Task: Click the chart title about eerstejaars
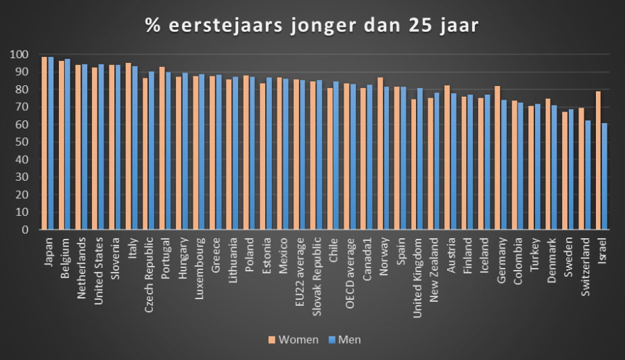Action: point(312,26)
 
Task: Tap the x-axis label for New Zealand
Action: point(436,264)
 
